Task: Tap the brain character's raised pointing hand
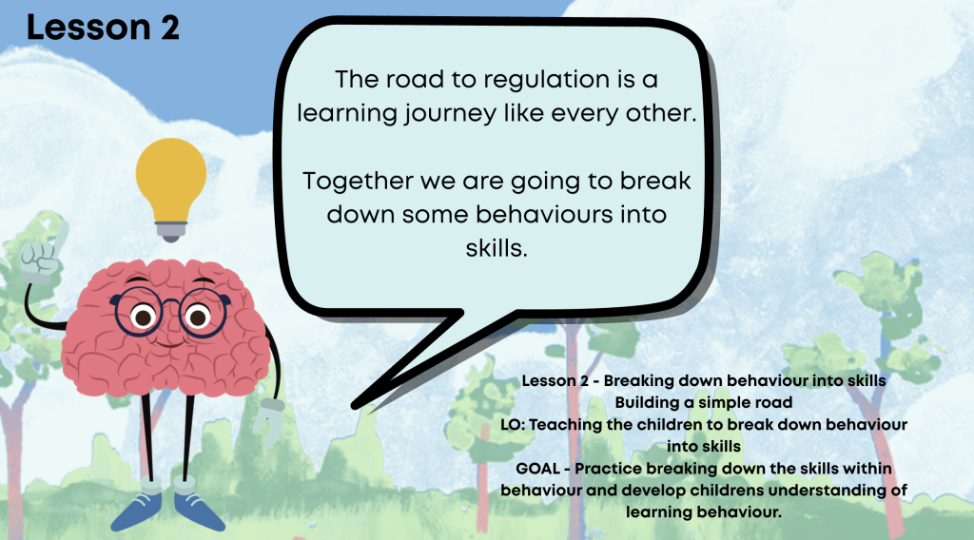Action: click(x=42, y=254)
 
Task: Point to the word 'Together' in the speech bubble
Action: click(x=358, y=182)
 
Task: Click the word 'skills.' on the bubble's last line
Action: click(x=497, y=248)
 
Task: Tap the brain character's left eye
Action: click(x=143, y=318)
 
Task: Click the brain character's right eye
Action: click(x=198, y=318)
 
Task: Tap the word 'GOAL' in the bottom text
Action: click(x=538, y=469)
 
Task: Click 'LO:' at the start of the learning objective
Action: click(x=513, y=425)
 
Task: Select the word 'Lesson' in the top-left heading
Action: click(x=88, y=29)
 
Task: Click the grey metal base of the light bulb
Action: click(x=171, y=231)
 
